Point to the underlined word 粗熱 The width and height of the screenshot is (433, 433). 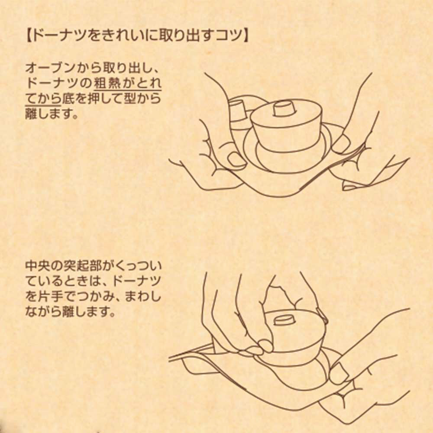click(107, 83)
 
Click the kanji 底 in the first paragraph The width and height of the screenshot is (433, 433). click(68, 99)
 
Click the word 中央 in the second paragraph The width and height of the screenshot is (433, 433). click(38, 266)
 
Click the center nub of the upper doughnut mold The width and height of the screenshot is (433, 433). click(284, 109)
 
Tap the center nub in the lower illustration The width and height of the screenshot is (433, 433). click(284, 320)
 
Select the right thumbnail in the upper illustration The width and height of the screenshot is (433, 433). click(341, 144)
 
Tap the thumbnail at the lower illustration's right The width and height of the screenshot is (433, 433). click(339, 373)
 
